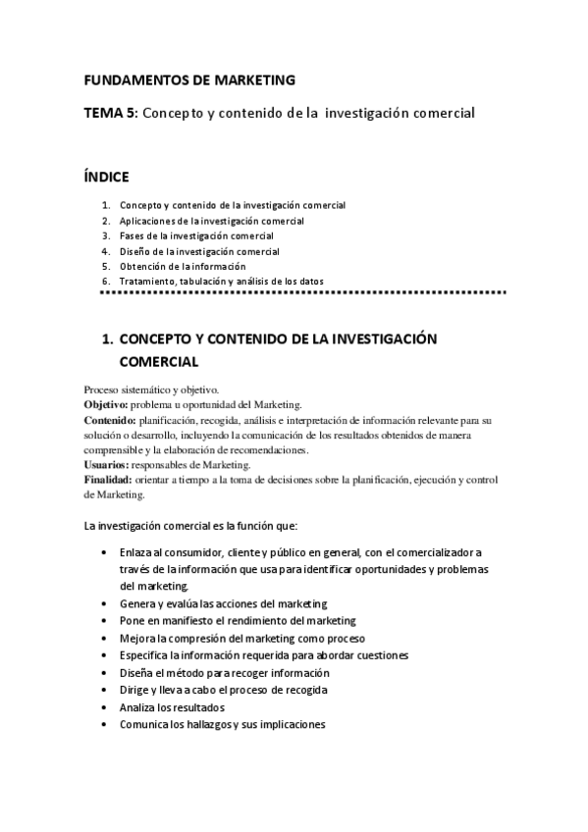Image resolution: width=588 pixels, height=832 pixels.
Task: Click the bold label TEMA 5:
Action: click(x=111, y=114)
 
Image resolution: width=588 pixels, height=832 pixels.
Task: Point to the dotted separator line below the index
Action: click(x=302, y=292)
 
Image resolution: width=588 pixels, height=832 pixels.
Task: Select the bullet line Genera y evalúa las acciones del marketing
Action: click(x=223, y=603)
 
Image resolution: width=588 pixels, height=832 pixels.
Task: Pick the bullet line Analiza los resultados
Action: click(x=172, y=706)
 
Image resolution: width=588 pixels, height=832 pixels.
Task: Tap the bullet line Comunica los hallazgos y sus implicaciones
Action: click(x=222, y=724)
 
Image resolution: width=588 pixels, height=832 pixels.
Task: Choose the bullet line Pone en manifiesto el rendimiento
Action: click(x=238, y=620)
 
